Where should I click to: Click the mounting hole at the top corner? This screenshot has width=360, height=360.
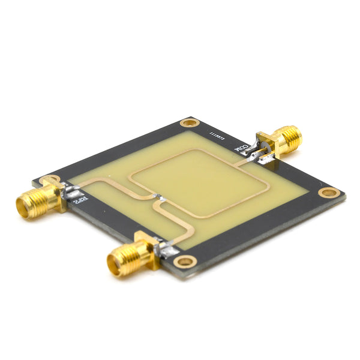click(190, 123)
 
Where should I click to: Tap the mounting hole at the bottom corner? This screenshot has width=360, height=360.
click(184, 261)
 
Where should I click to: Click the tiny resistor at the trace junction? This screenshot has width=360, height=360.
click(157, 196)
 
